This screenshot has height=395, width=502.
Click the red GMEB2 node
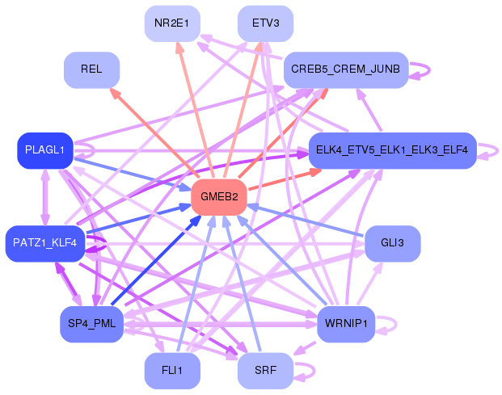[218, 197]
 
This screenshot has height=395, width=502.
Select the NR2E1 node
[171, 23]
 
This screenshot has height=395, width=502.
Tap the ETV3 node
[265, 23]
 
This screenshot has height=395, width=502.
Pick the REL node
[91, 70]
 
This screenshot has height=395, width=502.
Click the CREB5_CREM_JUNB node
[345, 70]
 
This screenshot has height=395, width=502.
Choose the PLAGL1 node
[44, 150]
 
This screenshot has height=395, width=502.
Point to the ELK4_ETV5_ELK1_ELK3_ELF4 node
[391, 150]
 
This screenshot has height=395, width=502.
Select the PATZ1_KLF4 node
[44, 243]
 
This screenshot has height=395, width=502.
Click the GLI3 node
[392, 243]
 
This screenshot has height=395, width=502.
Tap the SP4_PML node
[91, 324]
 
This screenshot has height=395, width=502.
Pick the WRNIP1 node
[345, 324]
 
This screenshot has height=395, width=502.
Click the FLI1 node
[171, 371]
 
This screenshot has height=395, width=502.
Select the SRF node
[265, 371]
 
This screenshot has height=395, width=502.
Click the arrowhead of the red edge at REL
[114, 93]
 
